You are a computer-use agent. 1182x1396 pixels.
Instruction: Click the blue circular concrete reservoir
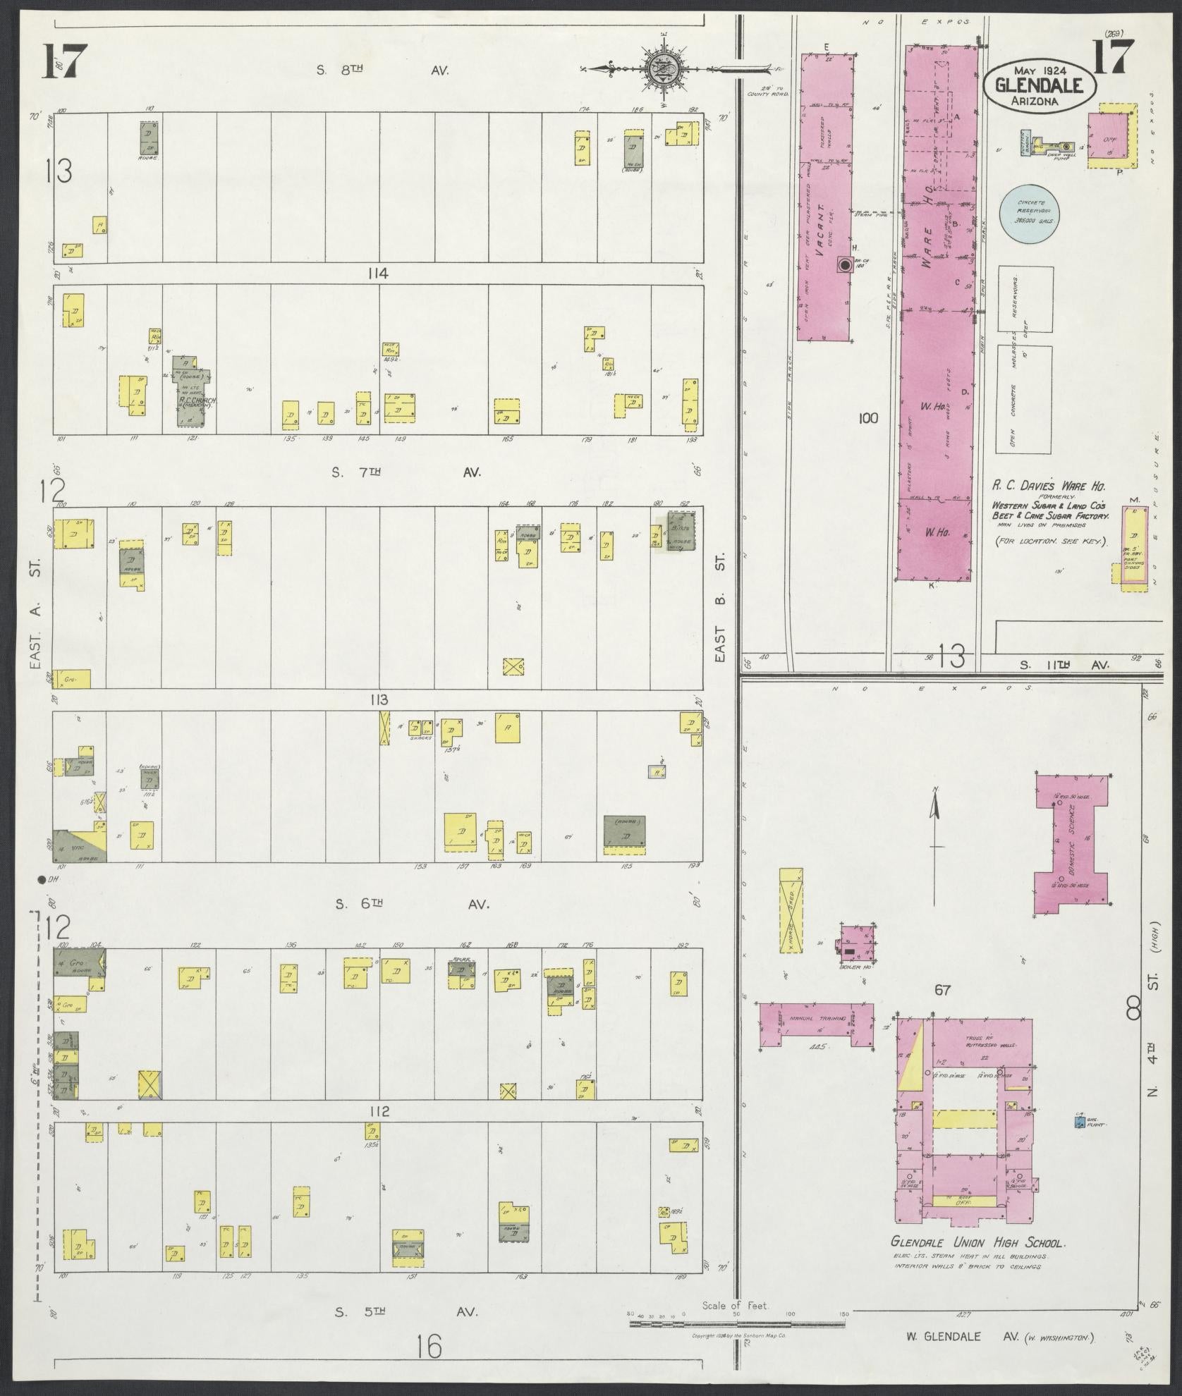[1034, 213]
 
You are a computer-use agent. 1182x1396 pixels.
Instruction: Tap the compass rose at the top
[664, 69]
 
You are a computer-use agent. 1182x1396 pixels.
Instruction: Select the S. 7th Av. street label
[406, 472]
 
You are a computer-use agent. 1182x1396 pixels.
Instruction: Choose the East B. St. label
[720, 607]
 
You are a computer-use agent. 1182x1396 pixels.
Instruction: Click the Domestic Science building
[1072, 843]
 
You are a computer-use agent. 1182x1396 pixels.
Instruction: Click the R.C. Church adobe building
[192, 390]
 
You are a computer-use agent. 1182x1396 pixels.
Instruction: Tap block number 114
[377, 274]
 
